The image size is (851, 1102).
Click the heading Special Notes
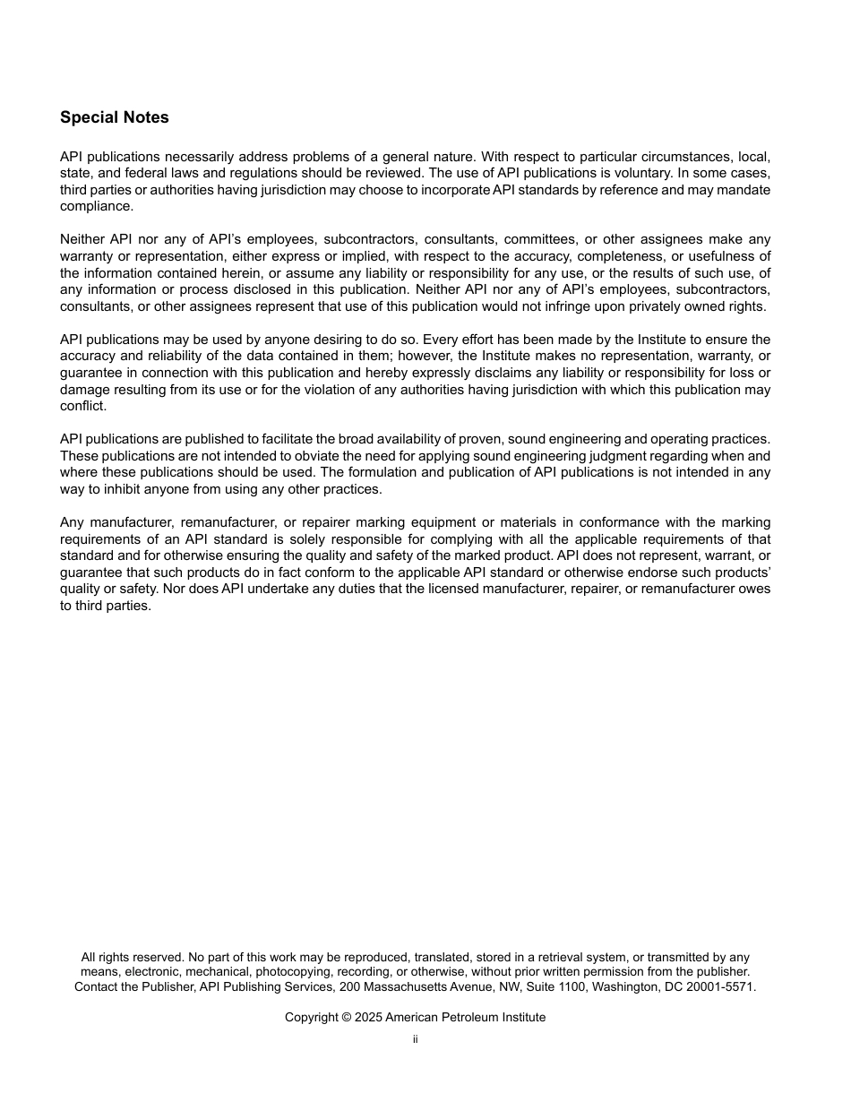click(x=114, y=117)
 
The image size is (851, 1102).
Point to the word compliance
click(x=96, y=206)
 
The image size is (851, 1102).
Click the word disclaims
click(x=511, y=373)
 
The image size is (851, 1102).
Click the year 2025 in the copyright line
click(x=367, y=1017)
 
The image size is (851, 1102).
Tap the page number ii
click(x=416, y=1039)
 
